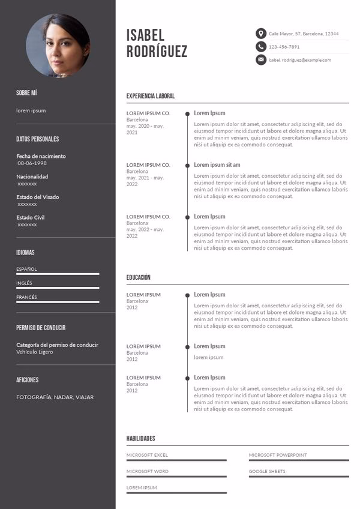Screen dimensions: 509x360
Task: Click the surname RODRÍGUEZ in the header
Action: point(157,52)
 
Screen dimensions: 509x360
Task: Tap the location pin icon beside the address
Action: point(260,34)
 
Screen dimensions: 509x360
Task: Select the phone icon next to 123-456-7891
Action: point(260,47)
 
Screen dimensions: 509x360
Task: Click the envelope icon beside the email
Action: point(260,60)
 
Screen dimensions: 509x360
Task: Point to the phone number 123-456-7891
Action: point(284,47)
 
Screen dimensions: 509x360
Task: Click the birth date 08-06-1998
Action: point(32,163)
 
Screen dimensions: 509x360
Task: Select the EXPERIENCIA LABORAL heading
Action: point(151,96)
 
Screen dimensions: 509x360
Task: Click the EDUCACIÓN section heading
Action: point(138,277)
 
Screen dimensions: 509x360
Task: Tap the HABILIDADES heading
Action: point(140,439)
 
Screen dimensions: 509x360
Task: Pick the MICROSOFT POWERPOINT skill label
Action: point(278,455)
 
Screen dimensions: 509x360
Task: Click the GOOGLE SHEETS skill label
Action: point(267,471)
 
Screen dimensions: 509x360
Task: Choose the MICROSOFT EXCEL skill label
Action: point(147,455)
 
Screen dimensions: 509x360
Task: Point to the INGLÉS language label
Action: point(24,283)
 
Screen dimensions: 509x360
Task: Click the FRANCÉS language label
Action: point(26,297)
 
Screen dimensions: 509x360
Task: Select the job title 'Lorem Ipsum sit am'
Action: point(217,165)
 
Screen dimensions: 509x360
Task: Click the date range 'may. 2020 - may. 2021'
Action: point(145,129)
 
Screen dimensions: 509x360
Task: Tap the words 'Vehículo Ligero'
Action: point(34,352)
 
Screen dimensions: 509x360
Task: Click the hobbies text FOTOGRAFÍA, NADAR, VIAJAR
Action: point(55,397)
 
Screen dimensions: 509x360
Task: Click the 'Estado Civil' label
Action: point(30,217)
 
